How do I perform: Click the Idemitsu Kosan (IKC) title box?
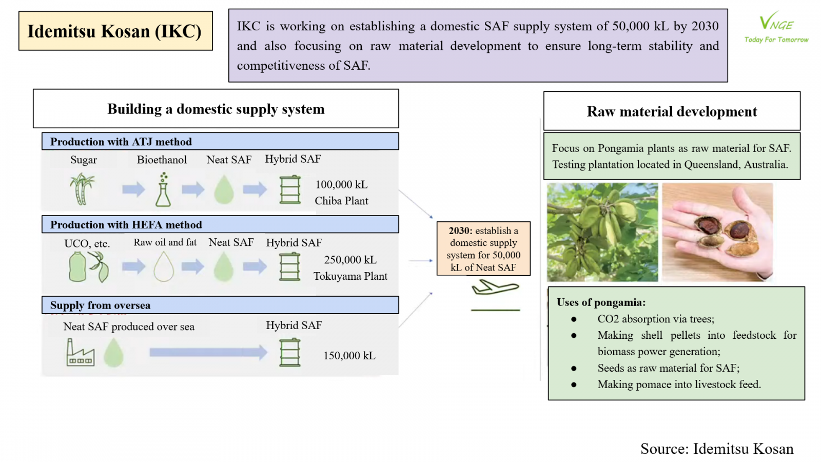click(115, 31)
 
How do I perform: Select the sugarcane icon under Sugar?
click(82, 189)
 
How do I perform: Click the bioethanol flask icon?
click(163, 189)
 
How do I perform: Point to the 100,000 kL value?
click(341, 184)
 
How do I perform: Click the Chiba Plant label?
click(341, 201)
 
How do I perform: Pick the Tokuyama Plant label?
click(350, 276)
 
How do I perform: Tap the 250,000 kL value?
click(350, 260)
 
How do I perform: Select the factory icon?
click(80, 352)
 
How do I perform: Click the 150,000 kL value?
click(349, 356)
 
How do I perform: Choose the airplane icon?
click(495, 287)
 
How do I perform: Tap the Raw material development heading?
click(672, 111)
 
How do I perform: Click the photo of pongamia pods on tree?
click(602, 233)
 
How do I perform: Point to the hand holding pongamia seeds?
click(717, 233)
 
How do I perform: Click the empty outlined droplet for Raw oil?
click(164, 266)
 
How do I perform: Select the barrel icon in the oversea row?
click(290, 353)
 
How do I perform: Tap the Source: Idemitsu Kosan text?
click(717, 449)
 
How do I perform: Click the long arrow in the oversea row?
click(208, 352)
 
